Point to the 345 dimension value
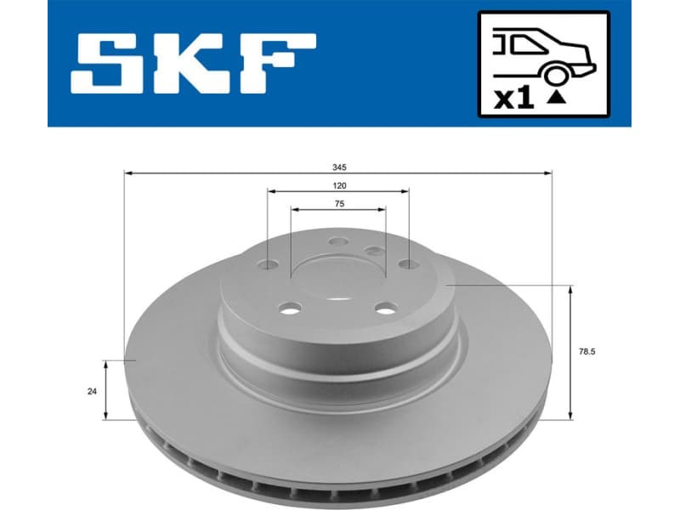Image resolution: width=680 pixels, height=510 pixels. pos(339,167)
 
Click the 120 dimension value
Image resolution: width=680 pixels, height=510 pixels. pos(339,184)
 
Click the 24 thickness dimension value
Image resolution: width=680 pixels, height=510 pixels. pos(91,390)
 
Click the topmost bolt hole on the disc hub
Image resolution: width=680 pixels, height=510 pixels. pos(337,241)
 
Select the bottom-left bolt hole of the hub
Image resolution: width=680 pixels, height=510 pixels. pos(289,308)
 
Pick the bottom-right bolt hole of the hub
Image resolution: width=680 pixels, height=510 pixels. pos(386,308)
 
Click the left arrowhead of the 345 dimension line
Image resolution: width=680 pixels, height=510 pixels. pos(128,173)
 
